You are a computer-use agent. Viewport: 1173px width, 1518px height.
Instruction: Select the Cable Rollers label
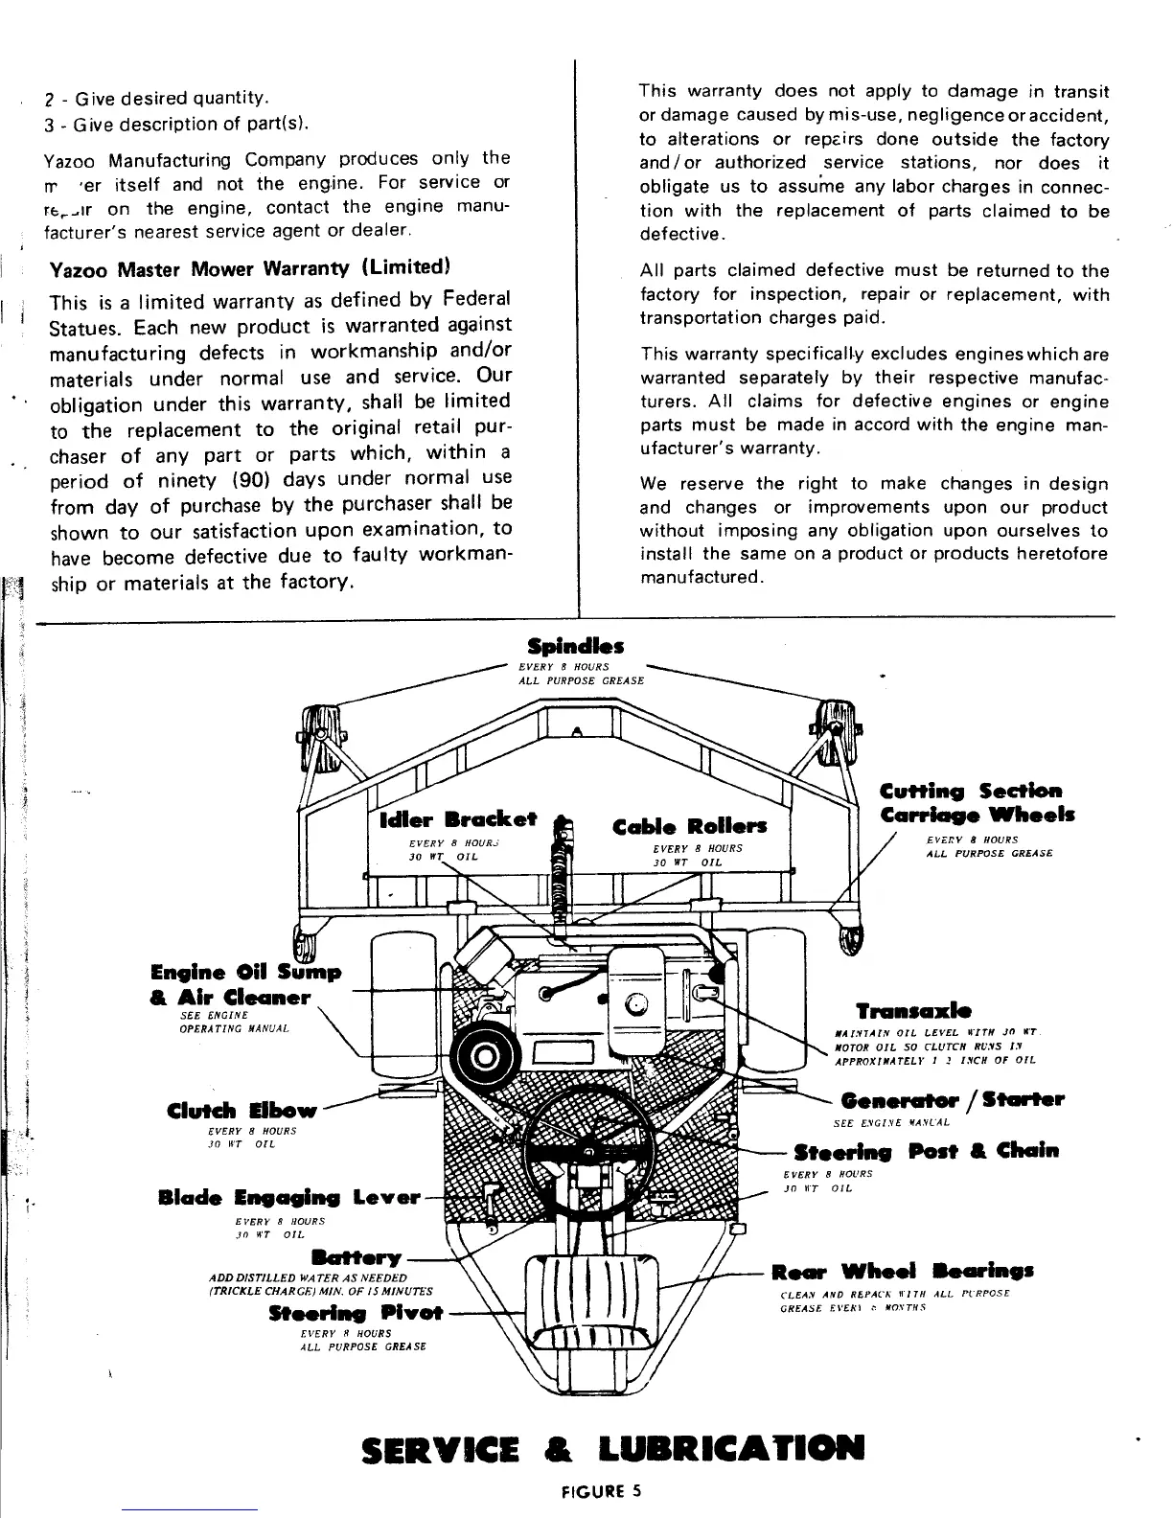[x=690, y=826]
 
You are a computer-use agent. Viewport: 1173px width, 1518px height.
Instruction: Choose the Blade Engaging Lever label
[x=288, y=1198]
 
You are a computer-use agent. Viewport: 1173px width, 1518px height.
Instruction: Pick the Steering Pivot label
[x=356, y=1313]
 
